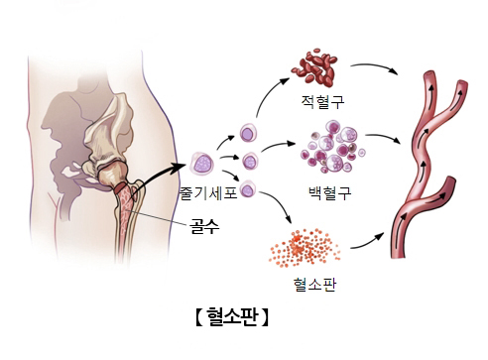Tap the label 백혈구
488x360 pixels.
click(x=330, y=189)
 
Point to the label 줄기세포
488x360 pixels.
click(x=208, y=193)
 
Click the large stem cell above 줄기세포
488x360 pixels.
click(x=203, y=162)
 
